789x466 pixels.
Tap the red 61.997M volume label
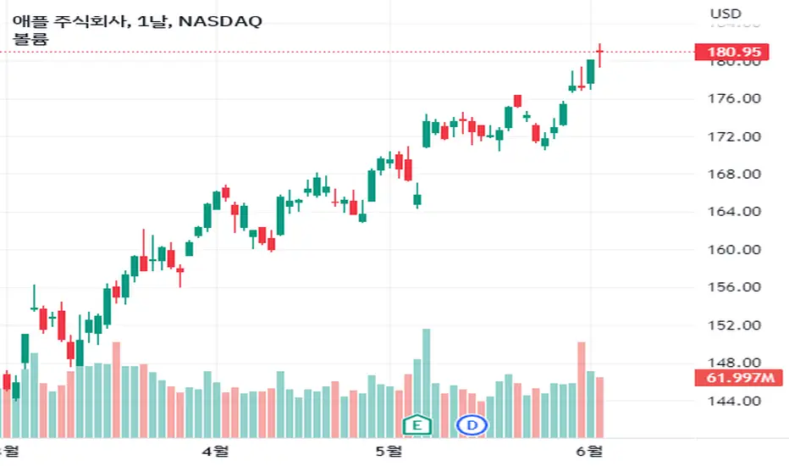[x=738, y=377]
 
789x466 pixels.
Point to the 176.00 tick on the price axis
[x=734, y=98]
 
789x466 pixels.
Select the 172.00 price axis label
[x=734, y=136]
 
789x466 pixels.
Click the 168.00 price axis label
[x=734, y=175]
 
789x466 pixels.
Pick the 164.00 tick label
[x=734, y=212]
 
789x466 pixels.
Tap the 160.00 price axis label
[x=734, y=249]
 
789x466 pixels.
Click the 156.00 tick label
[x=734, y=287]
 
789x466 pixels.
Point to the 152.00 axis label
[x=734, y=325]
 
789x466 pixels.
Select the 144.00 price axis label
[x=734, y=401]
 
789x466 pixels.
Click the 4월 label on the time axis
[x=215, y=451]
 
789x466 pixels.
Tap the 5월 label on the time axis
[x=389, y=451]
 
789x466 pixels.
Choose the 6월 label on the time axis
[x=589, y=451]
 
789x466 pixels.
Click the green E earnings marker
[x=417, y=425]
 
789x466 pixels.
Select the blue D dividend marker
[x=472, y=425]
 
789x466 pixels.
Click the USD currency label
[x=726, y=14]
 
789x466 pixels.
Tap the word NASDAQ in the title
[x=220, y=22]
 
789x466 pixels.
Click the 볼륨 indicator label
[x=30, y=39]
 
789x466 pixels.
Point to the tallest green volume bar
[x=426, y=383]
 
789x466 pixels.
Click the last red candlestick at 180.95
[x=600, y=55]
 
